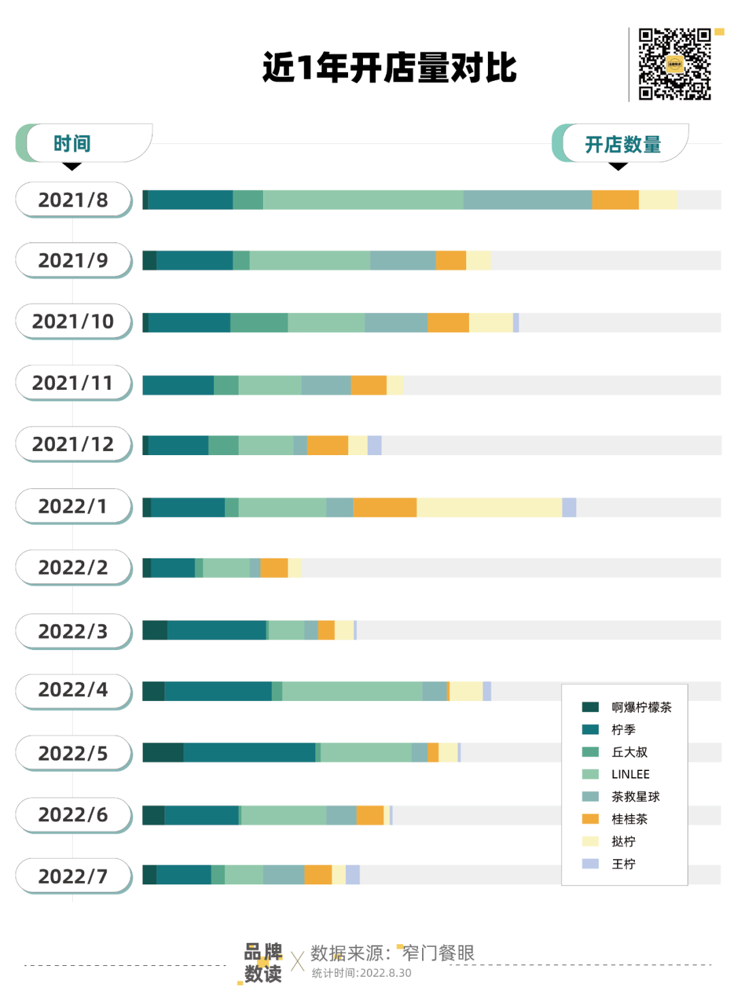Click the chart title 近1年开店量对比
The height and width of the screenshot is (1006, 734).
[x=389, y=68]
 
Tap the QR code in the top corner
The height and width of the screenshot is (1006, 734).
[x=675, y=65]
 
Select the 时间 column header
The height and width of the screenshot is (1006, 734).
[x=72, y=144]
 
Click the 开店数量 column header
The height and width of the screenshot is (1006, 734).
[x=623, y=145]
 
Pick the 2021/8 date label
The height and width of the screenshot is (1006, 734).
[x=73, y=200]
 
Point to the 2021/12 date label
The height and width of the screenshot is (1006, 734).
[x=73, y=444]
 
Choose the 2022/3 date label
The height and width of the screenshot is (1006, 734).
[x=73, y=631]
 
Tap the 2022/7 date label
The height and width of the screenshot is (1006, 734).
[x=73, y=876]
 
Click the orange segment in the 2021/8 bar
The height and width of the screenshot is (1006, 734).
[x=615, y=200]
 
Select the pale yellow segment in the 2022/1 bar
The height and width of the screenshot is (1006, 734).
[x=489, y=507]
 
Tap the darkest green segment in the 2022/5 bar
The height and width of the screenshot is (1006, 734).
[x=163, y=753]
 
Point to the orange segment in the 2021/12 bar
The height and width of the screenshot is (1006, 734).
[x=328, y=446]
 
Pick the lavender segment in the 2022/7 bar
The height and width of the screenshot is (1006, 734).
[x=353, y=875]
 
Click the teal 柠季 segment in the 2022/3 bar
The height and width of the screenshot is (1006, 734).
[x=217, y=630]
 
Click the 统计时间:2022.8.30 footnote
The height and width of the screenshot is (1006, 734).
[x=362, y=973]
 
